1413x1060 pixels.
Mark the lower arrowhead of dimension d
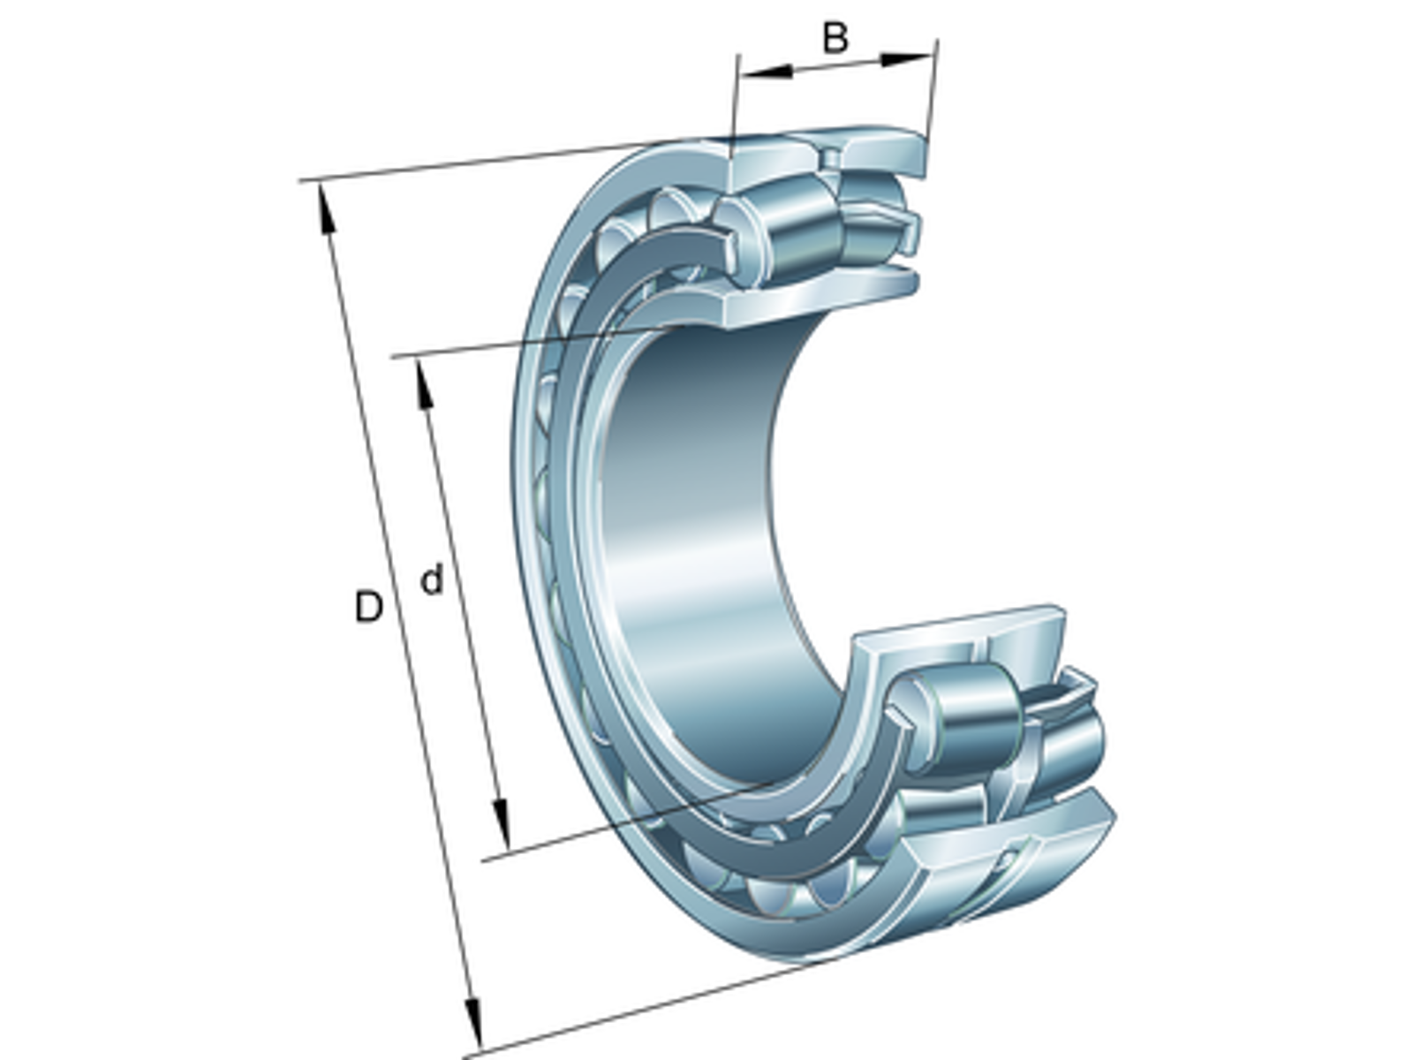point(500,824)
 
